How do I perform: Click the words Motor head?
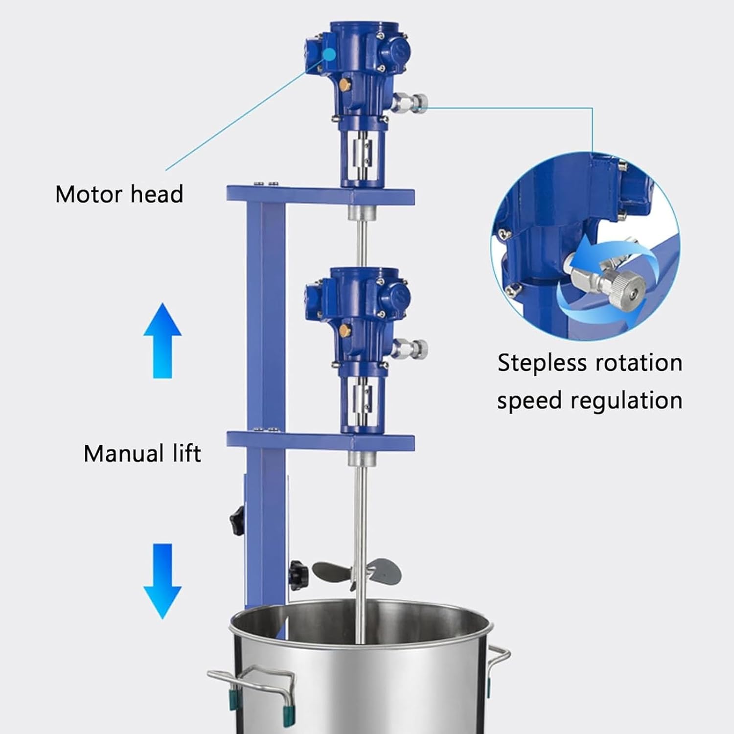[x=119, y=194]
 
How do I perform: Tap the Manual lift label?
[x=142, y=453]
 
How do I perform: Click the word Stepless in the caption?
[x=542, y=364]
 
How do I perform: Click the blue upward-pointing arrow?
[x=162, y=340]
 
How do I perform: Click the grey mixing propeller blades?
[x=357, y=571]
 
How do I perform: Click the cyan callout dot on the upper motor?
[x=329, y=54]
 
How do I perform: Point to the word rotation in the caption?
[x=639, y=364]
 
